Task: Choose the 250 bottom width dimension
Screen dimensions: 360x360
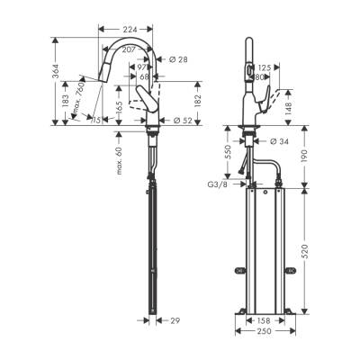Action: point(262,331)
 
